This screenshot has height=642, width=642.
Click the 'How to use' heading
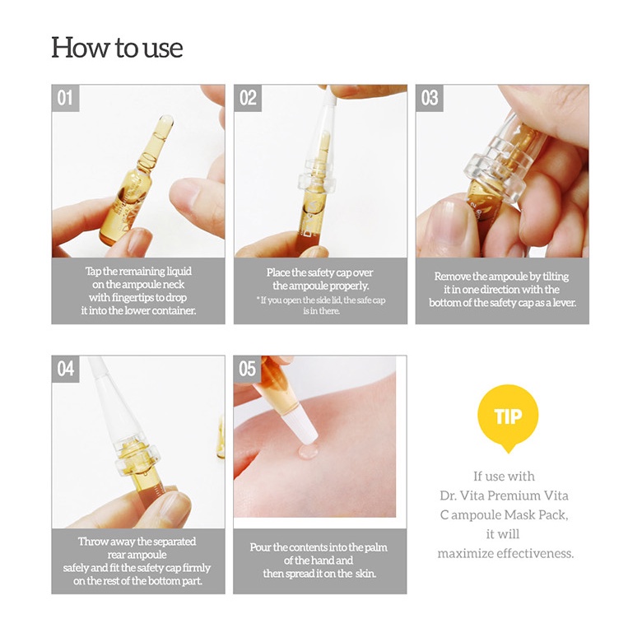(x=117, y=48)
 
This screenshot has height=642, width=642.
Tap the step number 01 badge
(x=65, y=98)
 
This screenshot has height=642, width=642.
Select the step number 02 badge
(x=247, y=98)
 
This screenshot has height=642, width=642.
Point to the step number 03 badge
(x=429, y=98)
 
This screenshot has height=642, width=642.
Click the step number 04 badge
(x=65, y=369)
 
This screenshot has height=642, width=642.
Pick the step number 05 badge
(x=247, y=369)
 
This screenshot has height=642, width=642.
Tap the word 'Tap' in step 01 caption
(x=93, y=272)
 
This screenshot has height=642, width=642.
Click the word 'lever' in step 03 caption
(x=565, y=303)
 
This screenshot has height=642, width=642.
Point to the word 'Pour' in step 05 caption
(x=260, y=547)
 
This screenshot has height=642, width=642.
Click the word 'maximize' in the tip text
(x=465, y=554)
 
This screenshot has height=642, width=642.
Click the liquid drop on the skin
(x=309, y=451)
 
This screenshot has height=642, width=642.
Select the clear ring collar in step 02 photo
(x=317, y=181)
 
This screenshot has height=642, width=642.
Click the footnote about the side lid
(x=321, y=305)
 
